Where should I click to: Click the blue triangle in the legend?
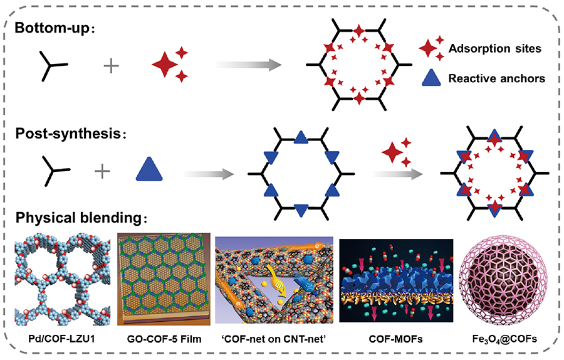point(431,78)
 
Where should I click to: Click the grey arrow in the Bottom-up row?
point(246,65)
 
